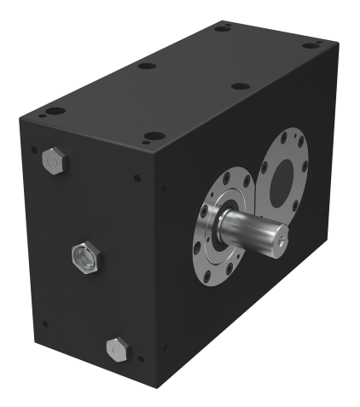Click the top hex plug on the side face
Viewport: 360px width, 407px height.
[52, 159]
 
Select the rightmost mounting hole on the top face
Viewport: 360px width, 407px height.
[312, 43]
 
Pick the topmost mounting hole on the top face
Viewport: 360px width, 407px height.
[223, 28]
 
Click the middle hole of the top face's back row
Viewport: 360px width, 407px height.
[147, 65]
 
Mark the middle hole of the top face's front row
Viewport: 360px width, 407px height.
[241, 86]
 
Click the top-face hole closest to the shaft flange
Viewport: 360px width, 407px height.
[154, 136]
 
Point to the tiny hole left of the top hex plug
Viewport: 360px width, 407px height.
[33, 150]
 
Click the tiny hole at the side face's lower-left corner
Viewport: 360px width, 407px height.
[45, 323]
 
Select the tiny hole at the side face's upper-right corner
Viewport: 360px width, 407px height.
[136, 179]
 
